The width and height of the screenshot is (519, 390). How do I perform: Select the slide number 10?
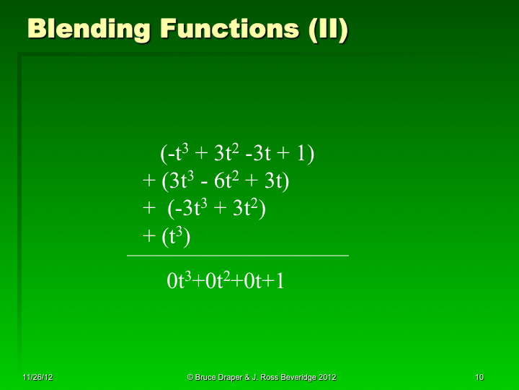coord(479,378)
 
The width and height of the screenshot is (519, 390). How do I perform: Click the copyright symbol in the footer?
coord(190,378)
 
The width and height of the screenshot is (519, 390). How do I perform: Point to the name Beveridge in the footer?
coord(296,378)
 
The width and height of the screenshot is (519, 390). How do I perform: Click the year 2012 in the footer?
coord(326,378)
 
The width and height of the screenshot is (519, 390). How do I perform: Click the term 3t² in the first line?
coord(226,154)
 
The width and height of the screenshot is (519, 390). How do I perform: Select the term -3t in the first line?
coord(259,154)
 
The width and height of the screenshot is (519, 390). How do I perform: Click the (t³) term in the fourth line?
coord(175,237)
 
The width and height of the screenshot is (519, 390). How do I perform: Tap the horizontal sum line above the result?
coord(237,256)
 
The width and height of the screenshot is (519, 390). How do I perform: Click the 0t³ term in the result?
coord(178,281)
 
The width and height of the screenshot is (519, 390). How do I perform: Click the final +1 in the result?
coord(275,281)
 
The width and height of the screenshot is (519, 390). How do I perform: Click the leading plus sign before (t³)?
coord(148,237)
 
